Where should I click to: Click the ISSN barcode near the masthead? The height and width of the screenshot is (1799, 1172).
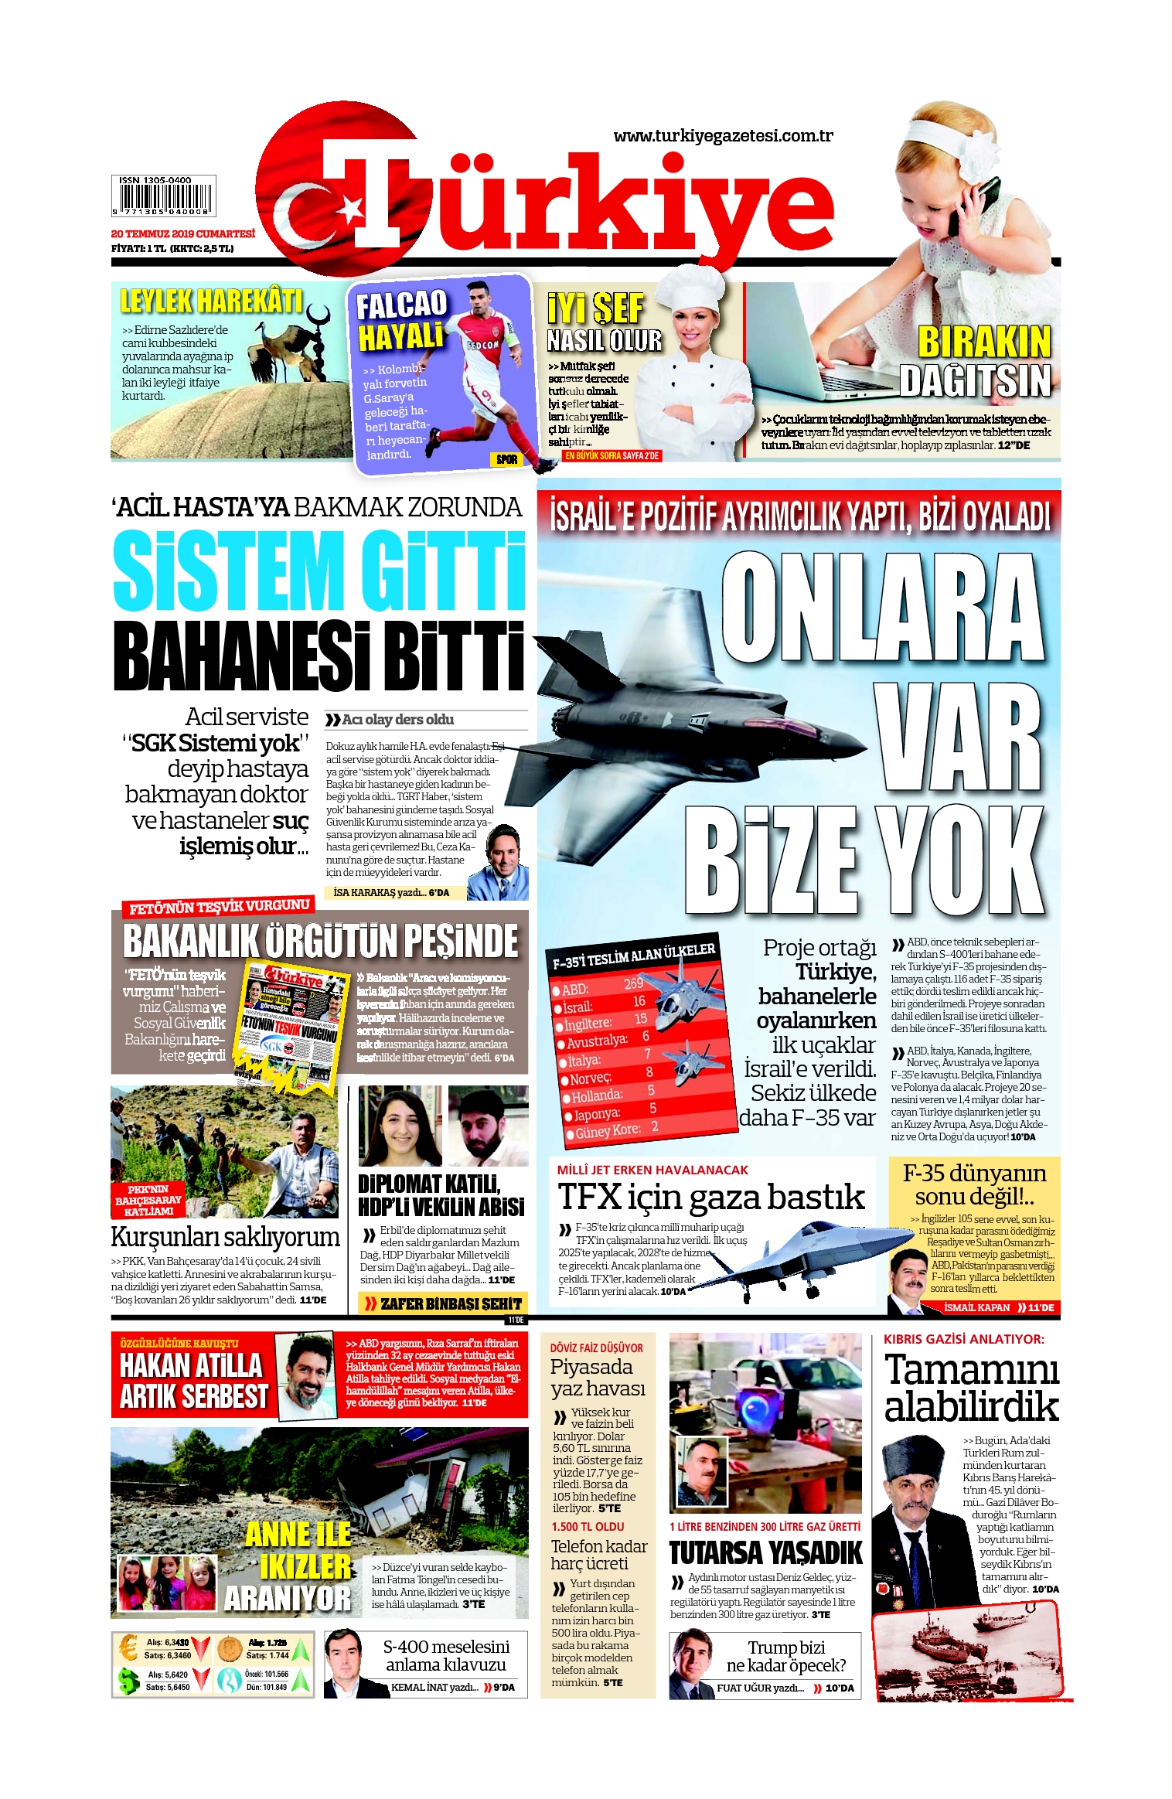tap(163, 196)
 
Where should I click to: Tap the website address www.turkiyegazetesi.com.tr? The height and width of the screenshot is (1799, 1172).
tap(723, 136)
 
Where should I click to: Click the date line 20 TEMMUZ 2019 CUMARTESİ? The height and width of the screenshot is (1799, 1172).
tap(182, 233)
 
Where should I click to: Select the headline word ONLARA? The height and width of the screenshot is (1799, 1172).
tap(882, 607)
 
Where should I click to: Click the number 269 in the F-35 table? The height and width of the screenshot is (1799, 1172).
tap(633, 983)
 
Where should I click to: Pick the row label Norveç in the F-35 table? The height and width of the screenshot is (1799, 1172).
tap(591, 1078)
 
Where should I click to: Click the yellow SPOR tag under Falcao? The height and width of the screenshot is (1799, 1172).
tap(506, 459)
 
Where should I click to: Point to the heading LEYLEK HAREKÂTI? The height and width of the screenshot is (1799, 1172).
tap(210, 301)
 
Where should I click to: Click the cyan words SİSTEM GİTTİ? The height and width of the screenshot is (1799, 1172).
tap(319, 570)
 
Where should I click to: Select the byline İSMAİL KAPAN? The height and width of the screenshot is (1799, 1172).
tap(976, 1307)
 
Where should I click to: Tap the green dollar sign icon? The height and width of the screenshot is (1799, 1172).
tap(128, 1680)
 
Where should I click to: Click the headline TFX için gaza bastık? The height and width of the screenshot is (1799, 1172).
tap(710, 1198)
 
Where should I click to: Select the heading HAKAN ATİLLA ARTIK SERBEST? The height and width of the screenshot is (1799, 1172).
tap(193, 1382)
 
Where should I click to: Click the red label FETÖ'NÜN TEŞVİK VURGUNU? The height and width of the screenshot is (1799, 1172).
tap(220, 907)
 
